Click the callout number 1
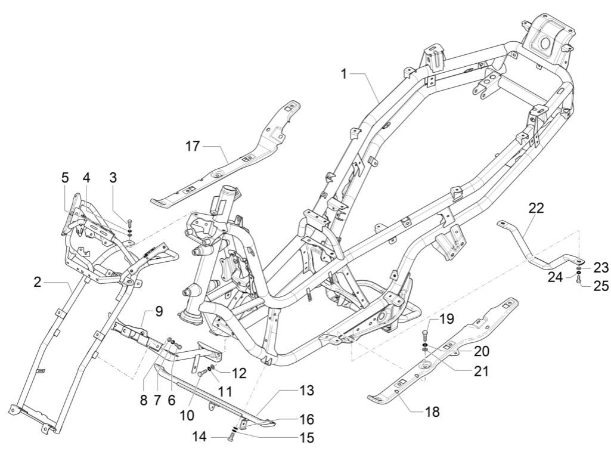point(344,73)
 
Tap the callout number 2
point(38,282)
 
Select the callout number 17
point(193,145)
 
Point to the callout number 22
point(536,208)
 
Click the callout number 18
point(433,411)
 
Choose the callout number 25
point(601,286)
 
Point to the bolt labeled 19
point(424,334)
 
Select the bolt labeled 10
point(202,372)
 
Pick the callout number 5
point(65,177)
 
